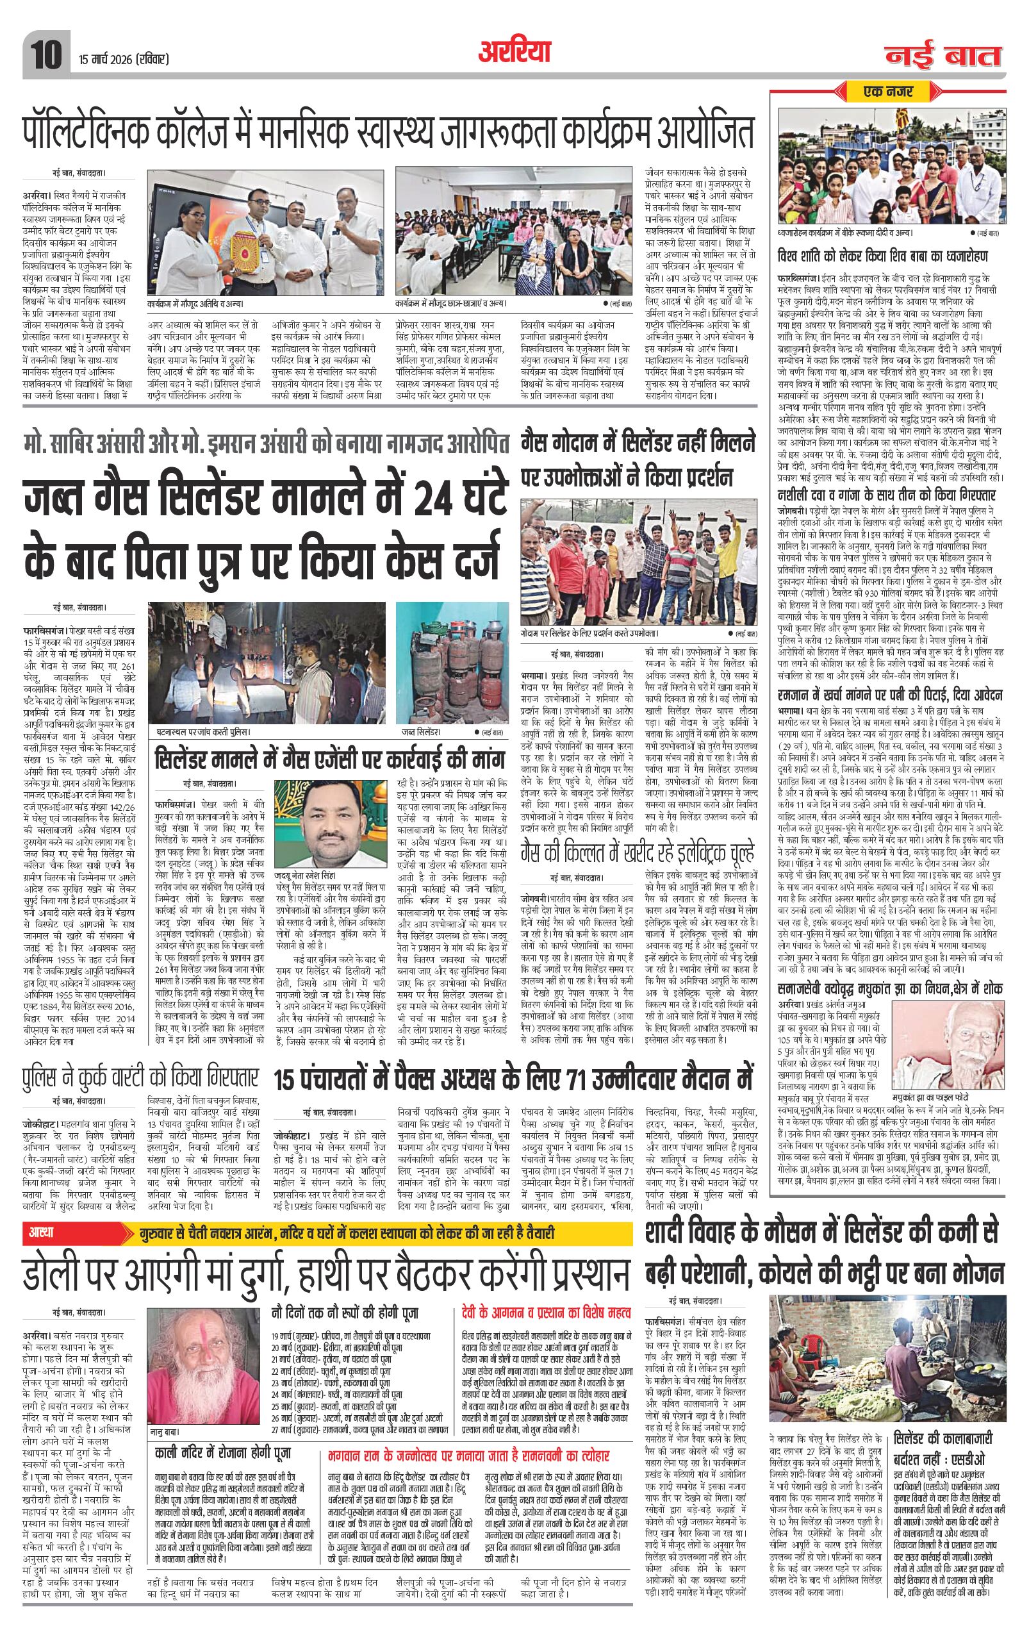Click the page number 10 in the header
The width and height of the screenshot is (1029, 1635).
pos(46,53)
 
